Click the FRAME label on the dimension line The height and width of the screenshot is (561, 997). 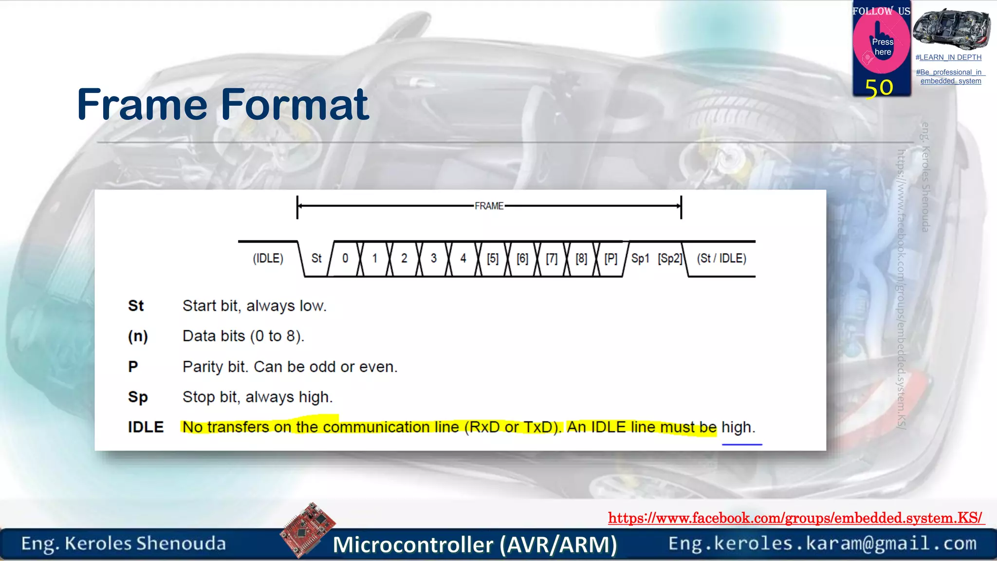489,206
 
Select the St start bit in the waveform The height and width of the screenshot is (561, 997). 316,258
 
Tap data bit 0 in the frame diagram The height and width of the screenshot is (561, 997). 345,258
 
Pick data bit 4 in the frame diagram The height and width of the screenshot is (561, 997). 463,258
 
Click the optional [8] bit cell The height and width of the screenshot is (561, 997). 581,258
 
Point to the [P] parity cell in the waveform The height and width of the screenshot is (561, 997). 610,258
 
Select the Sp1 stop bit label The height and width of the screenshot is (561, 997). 640,258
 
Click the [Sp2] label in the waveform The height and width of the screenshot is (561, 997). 670,258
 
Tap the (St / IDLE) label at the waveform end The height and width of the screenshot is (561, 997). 721,258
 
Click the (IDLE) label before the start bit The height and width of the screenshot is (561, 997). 268,258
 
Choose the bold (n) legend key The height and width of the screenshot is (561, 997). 138,336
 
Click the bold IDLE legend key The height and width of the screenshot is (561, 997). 146,427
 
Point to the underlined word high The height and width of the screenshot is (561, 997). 738,428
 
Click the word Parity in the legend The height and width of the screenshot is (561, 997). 203,367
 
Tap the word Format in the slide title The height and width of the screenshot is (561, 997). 295,104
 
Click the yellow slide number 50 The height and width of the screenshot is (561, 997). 879,88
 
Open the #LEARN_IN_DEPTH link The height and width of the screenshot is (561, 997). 948,57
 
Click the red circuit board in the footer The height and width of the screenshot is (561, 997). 307,529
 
